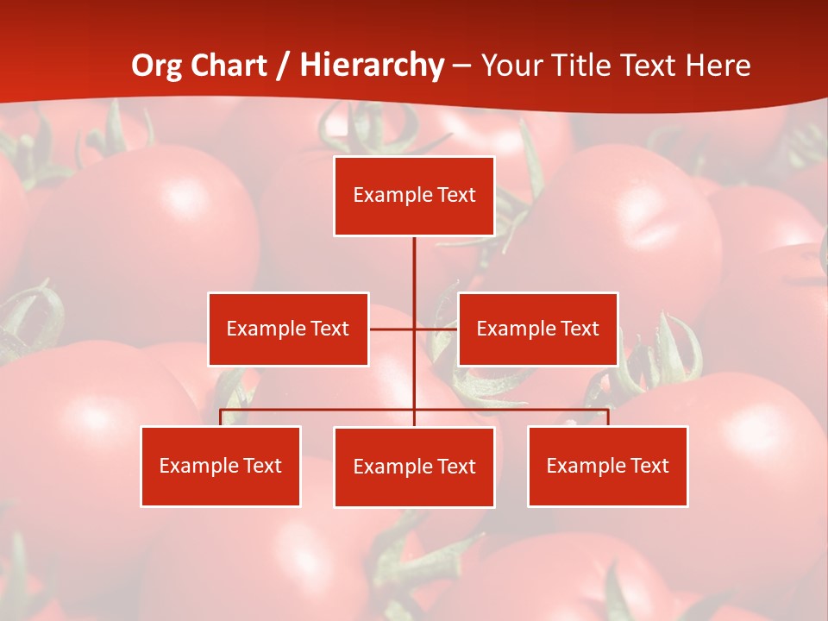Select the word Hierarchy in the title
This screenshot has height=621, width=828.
point(372,66)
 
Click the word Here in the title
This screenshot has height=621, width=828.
point(718,66)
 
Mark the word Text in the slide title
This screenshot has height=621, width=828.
point(650,66)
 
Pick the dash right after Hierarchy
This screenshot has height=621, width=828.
point(462,66)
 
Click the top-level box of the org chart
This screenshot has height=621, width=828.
point(414,196)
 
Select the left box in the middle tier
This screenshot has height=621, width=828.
point(288,329)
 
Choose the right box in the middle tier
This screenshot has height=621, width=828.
point(537,329)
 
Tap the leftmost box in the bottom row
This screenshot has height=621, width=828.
point(221,466)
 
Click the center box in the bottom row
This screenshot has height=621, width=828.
point(414,467)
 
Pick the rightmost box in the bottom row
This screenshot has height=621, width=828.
point(608,466)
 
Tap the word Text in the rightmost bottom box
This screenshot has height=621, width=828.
point(649,466)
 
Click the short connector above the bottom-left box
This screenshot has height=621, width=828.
point(221,417)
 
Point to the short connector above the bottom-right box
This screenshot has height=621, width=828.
point(608,417)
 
